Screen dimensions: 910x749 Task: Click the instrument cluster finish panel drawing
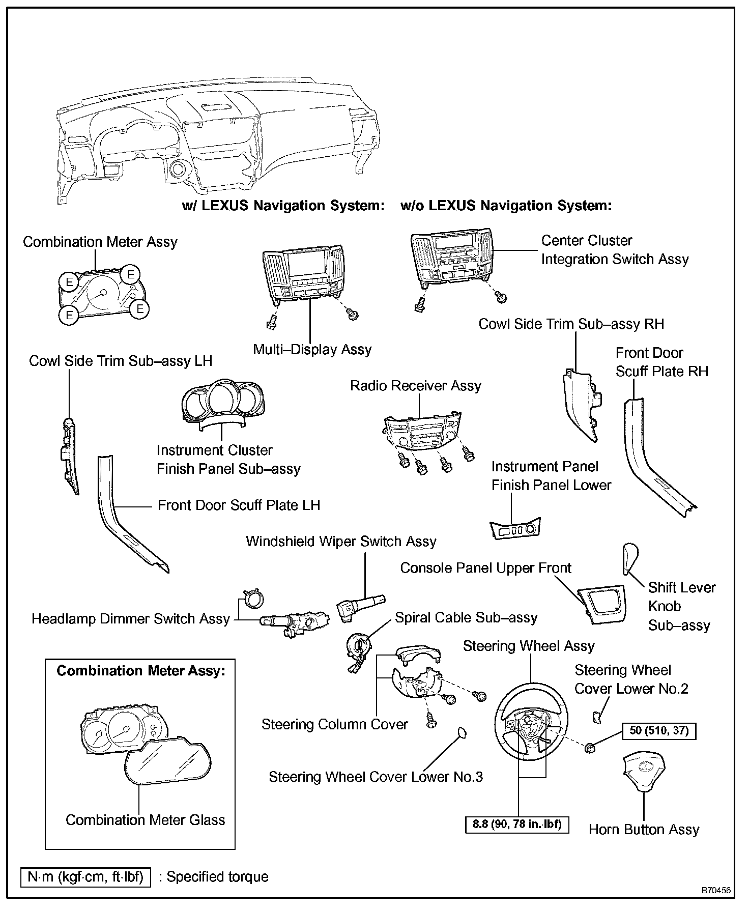tap(222, 401)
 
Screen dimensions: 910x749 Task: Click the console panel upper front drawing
tap(602, 604)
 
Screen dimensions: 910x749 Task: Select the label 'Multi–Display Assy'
tap(312, 350)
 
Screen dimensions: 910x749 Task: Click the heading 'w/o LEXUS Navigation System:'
tap(506, 206)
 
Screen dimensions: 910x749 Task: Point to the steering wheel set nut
tap(590, 748)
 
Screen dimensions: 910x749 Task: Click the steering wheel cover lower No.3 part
tap(462, 732)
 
